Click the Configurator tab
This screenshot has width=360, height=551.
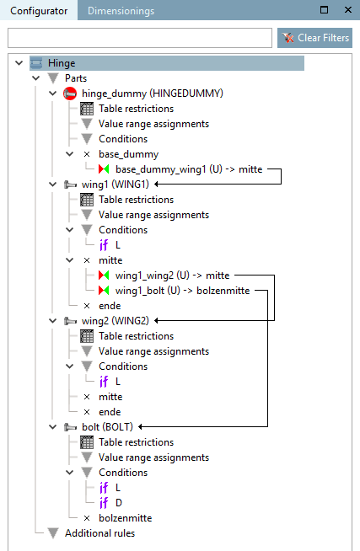click(39, 11)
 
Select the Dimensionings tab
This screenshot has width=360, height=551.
click(121, 11)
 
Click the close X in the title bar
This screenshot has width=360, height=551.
click(348, 10)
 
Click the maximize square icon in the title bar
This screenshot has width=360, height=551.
click(324, 10)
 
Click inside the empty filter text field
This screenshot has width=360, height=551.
click(140, 38)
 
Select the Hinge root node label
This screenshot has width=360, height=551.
click(62, 63)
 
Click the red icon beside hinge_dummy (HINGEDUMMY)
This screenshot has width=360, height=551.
click(70, 94)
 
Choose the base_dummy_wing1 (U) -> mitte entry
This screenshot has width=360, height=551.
click(189, 169)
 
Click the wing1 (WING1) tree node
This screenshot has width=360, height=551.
click(116, 185)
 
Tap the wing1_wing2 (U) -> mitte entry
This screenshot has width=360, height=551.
click(172, 275)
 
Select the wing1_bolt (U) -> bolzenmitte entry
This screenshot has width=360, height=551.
click(182, 291)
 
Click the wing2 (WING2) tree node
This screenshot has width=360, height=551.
click(116, 321)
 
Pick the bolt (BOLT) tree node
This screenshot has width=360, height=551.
click(107, 427)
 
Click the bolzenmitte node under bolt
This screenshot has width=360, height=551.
click(125, 518)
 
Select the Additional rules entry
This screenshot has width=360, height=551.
click(99, 533)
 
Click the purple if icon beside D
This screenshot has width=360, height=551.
click(104, 503)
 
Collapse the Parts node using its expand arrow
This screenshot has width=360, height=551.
click(36, 78)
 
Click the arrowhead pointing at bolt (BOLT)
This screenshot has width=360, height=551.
click(140, 427)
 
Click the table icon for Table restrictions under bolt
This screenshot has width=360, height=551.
click(87, 442)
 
